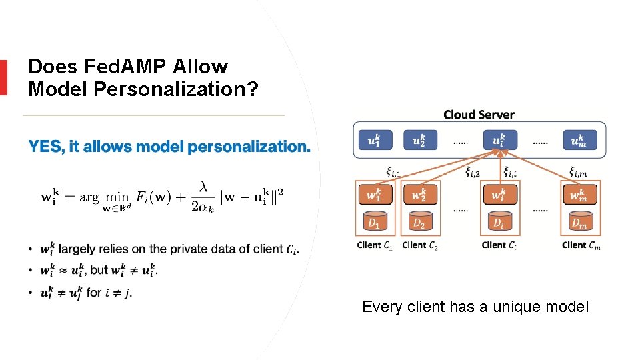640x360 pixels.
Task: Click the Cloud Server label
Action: click(x=479, y=114)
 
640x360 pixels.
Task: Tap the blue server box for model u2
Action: click(x=419, y=140)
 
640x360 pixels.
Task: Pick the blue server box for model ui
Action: click(x=497, y=140)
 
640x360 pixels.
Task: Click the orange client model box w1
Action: click(x=375, y=195)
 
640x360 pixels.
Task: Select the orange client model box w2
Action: click(x=419, y=195)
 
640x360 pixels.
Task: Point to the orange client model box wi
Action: click(x=497, y=195)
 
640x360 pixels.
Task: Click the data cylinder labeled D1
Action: click(x=375, y=221)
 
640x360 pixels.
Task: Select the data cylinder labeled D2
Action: click(x=419, y=221)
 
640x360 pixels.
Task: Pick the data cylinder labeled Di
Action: click(x=497, y=221)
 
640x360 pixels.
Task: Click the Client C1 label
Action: click(x=375, y=245)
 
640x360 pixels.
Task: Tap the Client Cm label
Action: click(x=581, y=245)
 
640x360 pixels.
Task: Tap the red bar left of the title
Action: click(x=3, y=77)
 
